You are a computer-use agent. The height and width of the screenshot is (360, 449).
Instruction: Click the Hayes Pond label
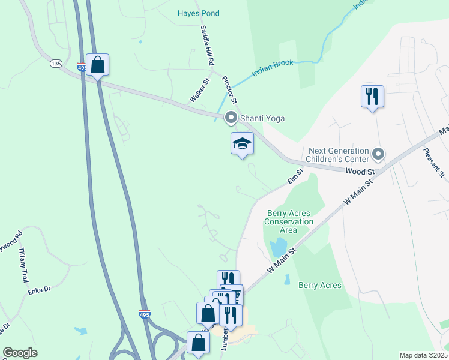tap(199, 13)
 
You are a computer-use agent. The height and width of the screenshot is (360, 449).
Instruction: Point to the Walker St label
tap(199, 90)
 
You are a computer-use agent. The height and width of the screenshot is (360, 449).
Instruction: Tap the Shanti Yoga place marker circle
tap(231, 118)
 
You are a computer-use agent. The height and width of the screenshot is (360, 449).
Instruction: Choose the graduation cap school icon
tap(242, 143)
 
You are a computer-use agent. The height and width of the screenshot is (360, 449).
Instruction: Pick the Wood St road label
tap(360, 172)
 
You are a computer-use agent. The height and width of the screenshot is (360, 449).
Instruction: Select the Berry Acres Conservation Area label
tap(289, 221)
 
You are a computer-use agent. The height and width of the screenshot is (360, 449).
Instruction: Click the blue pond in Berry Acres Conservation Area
tap(278, 247)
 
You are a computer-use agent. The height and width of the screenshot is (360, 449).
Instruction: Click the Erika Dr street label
tap(38, 290)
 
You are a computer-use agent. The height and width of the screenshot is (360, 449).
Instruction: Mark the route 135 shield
tap(56, 63)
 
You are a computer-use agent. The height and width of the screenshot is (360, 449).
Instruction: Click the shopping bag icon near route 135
tap(97, 65)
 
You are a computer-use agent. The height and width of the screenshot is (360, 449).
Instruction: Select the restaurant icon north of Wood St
tap(372, 95)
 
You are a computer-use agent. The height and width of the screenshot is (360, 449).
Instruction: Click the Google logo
tap(20, 353)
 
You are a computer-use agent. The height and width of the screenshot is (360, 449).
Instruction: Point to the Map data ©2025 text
tap(423, 355)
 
